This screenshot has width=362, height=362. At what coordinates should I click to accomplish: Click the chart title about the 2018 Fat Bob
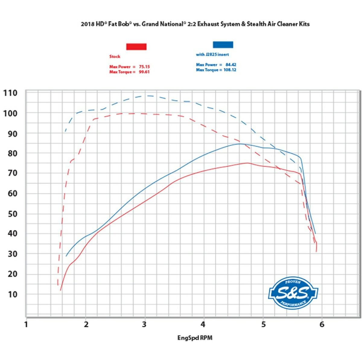coord(195,24)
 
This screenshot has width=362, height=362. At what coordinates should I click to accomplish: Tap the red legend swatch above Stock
coord(136,46)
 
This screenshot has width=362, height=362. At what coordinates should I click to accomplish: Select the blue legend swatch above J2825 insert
coord(223,45)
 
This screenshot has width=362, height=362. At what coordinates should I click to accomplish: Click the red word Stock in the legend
coord(115,56)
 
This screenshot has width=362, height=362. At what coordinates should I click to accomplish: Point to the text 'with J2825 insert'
coord(212,55)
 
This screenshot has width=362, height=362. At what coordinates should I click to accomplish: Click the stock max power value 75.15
coord(144,67)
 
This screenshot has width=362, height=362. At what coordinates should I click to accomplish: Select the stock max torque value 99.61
coord(144,72)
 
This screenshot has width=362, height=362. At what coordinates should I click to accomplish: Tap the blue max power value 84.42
coord(231,65)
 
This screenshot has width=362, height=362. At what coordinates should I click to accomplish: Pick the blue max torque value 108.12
coord(230,70)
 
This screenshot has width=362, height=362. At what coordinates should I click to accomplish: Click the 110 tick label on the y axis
coord(10,93)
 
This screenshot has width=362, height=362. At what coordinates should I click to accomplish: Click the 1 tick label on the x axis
coord(26,325)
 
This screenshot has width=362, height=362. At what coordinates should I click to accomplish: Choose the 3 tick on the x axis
coord(144,325)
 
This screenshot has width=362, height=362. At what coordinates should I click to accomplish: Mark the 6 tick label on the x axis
coord(322,325)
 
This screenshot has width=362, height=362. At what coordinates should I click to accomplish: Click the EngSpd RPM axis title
coord(195,338)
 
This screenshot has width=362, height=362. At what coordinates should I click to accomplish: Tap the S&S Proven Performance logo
coord(293,293)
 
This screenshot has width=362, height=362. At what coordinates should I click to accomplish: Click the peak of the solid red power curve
coord(247,163)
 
